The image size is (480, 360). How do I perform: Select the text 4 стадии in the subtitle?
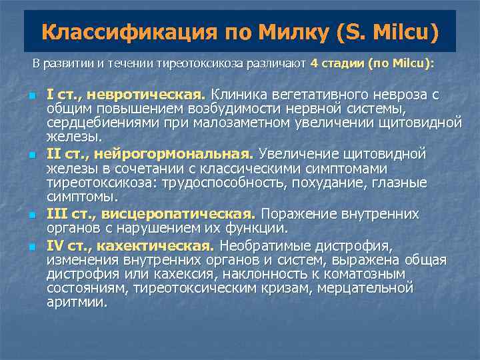338,64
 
